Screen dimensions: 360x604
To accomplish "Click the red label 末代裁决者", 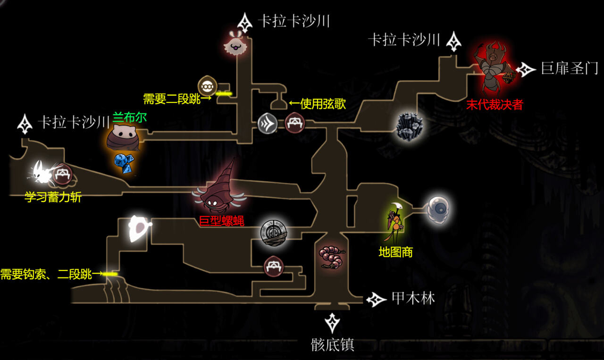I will [x=495, y=105].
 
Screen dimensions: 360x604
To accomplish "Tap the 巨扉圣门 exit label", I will [x=569, y=69].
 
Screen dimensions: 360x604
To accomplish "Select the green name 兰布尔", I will [x=129, y=117].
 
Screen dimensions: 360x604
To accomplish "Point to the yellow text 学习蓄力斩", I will [x=53, y=197].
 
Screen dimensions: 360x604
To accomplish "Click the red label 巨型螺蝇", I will [x=221, y=220].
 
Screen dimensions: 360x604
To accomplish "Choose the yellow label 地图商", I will [x=395, y=252].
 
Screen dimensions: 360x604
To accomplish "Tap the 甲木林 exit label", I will [x=413, y=298].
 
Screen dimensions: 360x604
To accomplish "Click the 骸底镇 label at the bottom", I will [x=332, y=345].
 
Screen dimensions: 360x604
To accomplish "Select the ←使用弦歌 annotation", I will [x=317, y=104].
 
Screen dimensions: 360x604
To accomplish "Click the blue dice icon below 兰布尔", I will [x=123, y=162].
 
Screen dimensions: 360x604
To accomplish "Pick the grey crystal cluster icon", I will [x=408, y=126].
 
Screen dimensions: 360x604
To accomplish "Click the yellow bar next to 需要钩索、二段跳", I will [x=110, y=274].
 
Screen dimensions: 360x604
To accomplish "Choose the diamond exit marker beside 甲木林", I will [x=376, y=299].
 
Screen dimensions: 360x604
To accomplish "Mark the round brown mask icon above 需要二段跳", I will [x=207, y=86].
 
